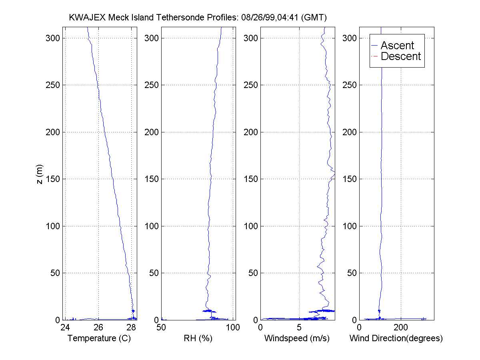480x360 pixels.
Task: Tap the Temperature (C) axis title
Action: pos(99,338)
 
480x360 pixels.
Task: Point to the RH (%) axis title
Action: pos(198,338)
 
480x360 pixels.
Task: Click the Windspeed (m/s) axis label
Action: pos(297,338)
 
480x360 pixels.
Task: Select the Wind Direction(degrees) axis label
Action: pos(396,338)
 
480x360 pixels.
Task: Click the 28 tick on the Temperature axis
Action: pos(131,328)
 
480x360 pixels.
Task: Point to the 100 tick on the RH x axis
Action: pos(233,328)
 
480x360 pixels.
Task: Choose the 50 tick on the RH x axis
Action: pos(162,328)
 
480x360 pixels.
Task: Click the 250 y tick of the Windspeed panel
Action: pos(250,85)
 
